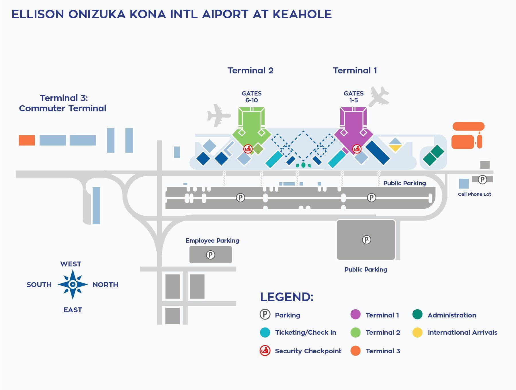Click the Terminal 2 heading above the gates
pyautogui.click(x=250, y=71)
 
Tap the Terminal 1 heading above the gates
pyautogui.click(x=355, y=71)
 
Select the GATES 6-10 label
pyautogui.click(x=251, y=97)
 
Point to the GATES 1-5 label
pyautogui.click(x=353, y=97)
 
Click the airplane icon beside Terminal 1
pyautogui.click(x=379, y=96)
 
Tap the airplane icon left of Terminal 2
pyautogui.click(x=218, y=116)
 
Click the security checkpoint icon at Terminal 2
pyautogui.click(x=248, y=149)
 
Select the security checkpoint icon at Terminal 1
pyautogui.click(x=357, y=149)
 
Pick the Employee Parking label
pyautogui.click(x=212, y=241)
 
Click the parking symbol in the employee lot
pyautogui.click(x=210, y=255)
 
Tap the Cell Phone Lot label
pyautogui.click(x=474, y=194)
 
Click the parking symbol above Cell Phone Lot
pyautogui.click(x=482, y=180)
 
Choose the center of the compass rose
pyautogui.click(x=73, y=284)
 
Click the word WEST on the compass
pyautogui.click(x=71, y=264)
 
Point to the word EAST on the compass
pyautogui.click(x=73, y=310)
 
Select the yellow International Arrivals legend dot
pyautogui.click(x=417, y=332)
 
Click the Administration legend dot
pyautogui.click(x=417, y=315)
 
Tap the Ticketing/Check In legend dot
pyautogui.click(x=265, y=332)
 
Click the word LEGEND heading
pyautogui.click(x=287, y=297)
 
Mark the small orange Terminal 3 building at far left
pyautogui.click(x=27, y=141)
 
